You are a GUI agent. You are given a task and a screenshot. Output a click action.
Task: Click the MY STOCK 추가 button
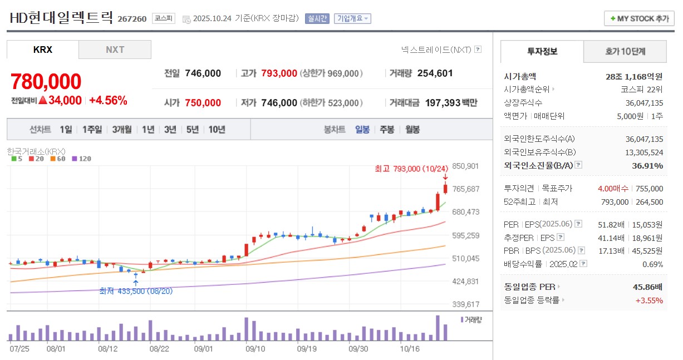tap(639, 18)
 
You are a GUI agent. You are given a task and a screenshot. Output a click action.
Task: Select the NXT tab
tap(115, 50)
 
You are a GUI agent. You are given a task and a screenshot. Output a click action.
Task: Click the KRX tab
tap(43, 50)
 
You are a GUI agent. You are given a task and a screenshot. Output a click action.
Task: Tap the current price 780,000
tap(46, 82)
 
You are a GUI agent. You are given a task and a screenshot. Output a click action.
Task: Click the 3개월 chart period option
tap(122, 130)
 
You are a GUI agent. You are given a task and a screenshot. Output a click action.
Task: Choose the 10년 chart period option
tap(217, 130)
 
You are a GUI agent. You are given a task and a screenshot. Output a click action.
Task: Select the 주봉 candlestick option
tap(387, 130)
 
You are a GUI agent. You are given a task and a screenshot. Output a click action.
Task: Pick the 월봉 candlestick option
tap(412, 130)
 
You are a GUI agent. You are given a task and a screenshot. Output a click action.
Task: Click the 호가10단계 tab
tap(625, 52)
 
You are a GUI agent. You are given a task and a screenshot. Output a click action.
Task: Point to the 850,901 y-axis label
tap(466, 166)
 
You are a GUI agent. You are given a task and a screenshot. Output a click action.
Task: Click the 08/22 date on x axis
tap(160, 349)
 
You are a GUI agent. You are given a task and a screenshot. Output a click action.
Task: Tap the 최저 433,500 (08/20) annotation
tap(136, 291)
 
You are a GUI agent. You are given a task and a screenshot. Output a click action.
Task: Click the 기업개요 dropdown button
tap(352, 18)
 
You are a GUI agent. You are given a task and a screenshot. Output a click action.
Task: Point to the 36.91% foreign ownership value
tap(647, 165)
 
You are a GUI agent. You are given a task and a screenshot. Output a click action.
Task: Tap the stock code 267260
tap(132, 19)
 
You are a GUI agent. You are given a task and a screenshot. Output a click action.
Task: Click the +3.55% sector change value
tap(649, 300)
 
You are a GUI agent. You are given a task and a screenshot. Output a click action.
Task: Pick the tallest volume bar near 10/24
tap(438, 328)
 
